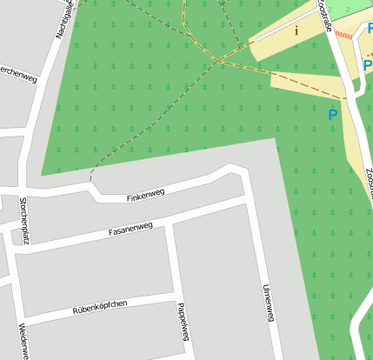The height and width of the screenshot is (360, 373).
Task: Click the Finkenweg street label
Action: [145, 195]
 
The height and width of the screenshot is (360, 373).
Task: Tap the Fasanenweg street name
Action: [130, 230]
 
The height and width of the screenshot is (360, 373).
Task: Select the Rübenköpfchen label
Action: [100, 306]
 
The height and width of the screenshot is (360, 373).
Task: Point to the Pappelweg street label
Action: [183, 322]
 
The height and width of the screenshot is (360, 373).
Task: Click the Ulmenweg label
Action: [269, 303]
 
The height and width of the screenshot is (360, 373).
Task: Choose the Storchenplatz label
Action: [23, 220]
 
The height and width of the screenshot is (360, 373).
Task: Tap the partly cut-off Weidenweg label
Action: [23, 341]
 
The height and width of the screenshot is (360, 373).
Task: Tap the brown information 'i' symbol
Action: [296, 30]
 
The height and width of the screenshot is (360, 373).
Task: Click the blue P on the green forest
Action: [332, 114]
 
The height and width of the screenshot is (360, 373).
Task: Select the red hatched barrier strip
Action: [345, 36]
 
